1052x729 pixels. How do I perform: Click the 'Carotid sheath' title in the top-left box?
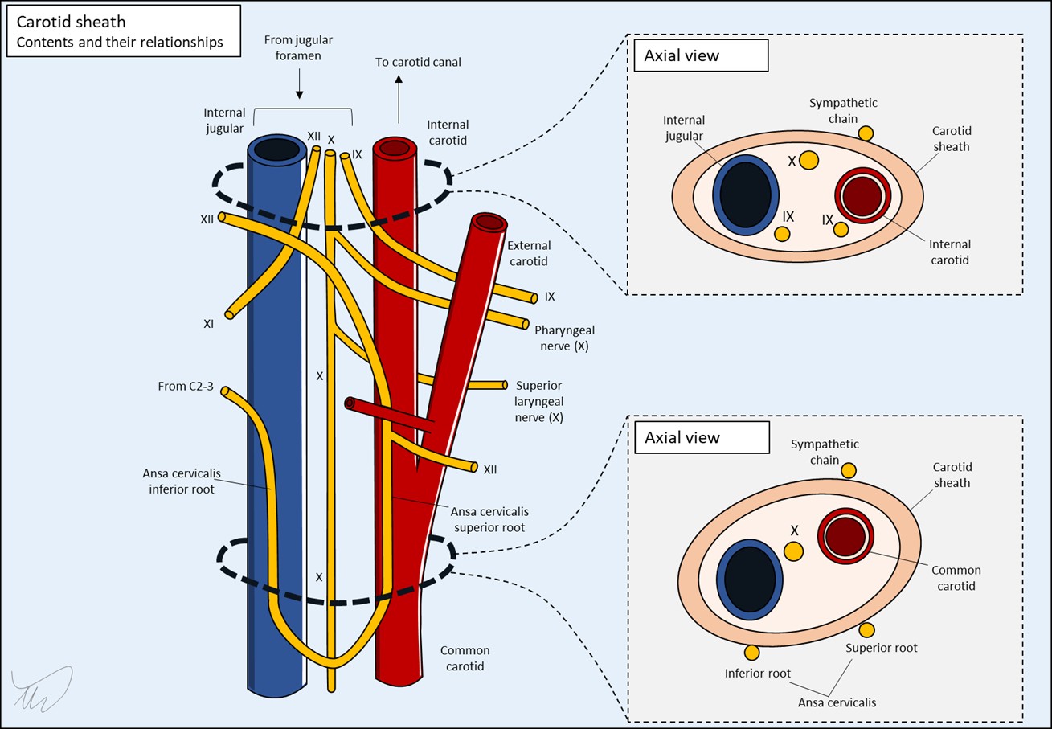[71, 23]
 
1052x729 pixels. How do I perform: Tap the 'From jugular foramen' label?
[298, 47]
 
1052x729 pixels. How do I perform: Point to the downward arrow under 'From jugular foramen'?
[299, 84]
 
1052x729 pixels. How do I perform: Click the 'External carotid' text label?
[529, 253]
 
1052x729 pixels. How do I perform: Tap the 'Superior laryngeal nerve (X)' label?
[538, 402]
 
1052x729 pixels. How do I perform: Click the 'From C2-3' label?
[186, 387]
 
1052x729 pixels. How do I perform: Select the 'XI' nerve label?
[208, 324]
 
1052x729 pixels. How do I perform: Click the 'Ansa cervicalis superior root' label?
[489, 519]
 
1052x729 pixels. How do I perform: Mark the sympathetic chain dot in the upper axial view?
[865, 133]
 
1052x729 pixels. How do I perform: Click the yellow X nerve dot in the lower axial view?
[793, 551]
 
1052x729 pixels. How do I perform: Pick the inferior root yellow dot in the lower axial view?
[752, 653]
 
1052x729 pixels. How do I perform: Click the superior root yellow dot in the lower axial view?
[867, 629]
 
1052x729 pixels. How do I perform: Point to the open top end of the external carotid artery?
[487, 221]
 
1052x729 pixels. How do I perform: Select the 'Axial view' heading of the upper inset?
[682, 56]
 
